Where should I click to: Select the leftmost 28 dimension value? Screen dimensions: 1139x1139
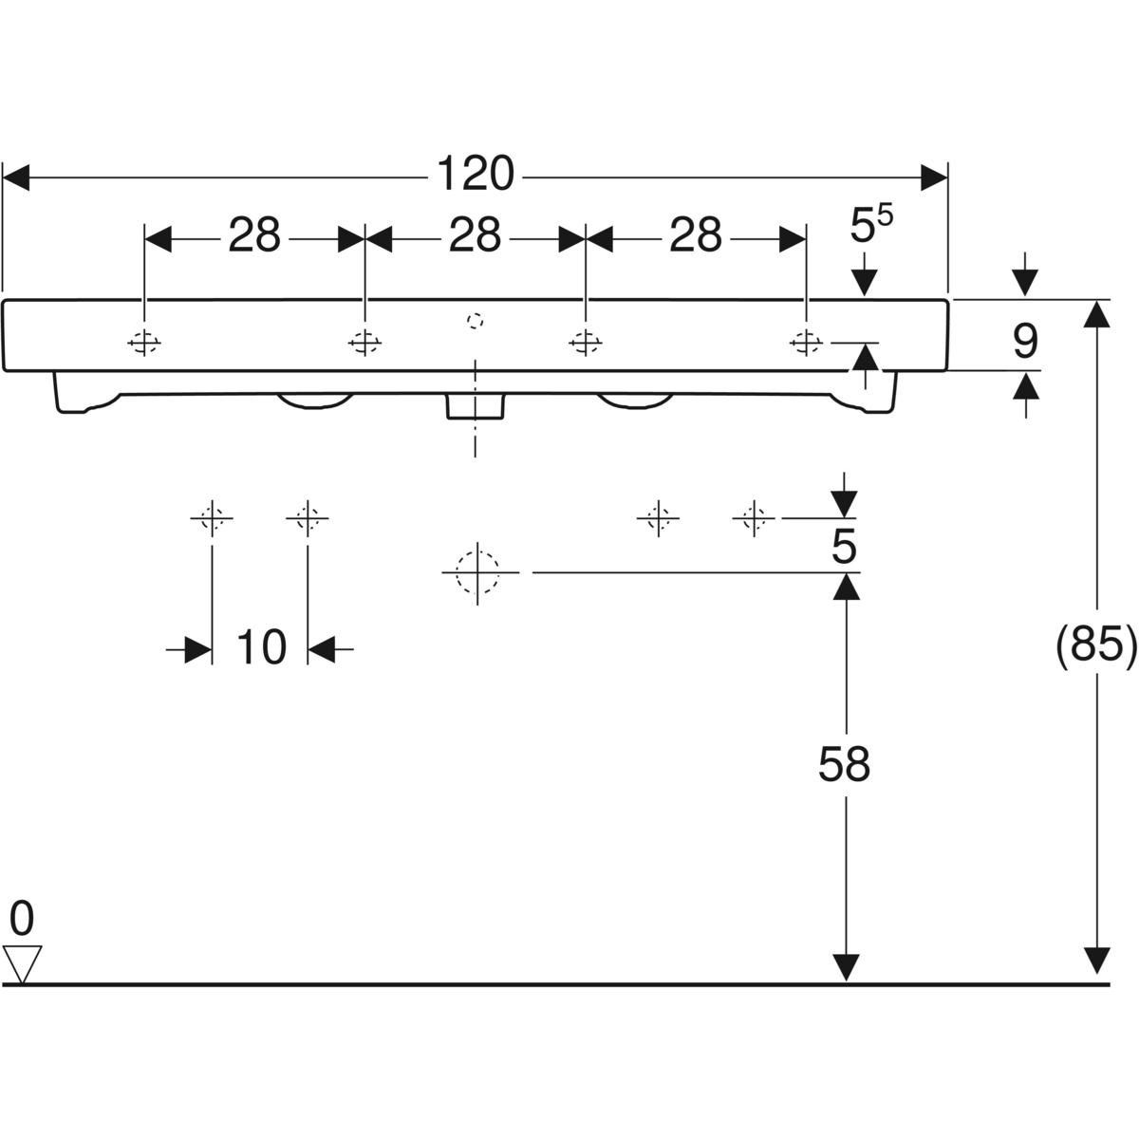point(253,236)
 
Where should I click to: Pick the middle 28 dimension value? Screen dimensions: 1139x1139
point(475,236)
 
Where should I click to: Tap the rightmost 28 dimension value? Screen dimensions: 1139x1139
point(696,236)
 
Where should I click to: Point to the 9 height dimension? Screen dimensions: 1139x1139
point(1024,341)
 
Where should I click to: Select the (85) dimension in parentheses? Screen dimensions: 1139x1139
point(1096,645)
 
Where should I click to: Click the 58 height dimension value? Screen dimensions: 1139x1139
point(844,764)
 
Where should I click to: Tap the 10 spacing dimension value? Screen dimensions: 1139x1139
point(260,649)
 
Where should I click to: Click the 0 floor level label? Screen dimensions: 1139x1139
point(22,919)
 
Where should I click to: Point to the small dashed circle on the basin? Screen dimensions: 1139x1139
point(476,320)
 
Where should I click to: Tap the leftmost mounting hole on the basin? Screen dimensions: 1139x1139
point(144,342)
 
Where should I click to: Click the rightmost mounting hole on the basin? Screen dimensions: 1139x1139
point(806,342)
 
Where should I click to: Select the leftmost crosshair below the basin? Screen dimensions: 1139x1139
point(212,518)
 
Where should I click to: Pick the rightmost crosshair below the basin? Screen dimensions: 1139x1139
point(753,518)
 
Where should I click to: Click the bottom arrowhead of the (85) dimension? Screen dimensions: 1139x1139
point(1097,961)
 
